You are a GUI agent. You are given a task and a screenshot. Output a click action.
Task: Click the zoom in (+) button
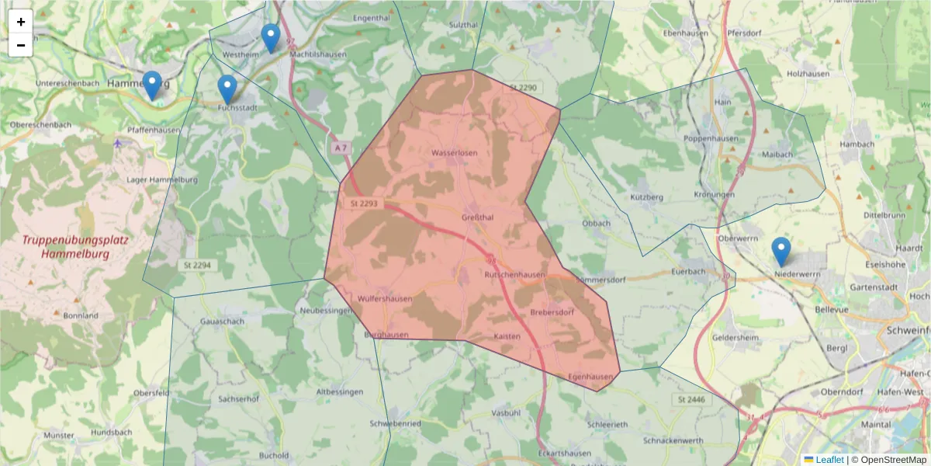[21, 22]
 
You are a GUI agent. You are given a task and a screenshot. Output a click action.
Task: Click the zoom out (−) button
[21, 45]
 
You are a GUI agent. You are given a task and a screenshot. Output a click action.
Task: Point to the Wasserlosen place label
[455, 153]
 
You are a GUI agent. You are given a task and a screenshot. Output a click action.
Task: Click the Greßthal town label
[477, 217]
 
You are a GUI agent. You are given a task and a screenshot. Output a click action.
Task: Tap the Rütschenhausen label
[514, 276]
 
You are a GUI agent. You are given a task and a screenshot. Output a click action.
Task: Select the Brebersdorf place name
[552, 313]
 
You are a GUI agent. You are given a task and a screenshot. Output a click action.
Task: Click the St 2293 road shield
[364, 203]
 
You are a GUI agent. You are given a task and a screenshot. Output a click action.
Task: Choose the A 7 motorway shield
[340, 148]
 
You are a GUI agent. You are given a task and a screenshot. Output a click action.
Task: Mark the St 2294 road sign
[197, 265]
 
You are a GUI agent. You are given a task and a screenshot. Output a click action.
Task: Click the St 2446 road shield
[690, 399]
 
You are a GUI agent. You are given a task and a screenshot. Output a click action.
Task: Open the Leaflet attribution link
[829, 460]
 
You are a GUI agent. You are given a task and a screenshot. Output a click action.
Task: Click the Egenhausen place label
[590, 377]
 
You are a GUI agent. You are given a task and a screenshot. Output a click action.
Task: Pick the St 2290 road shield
[523, 88]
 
